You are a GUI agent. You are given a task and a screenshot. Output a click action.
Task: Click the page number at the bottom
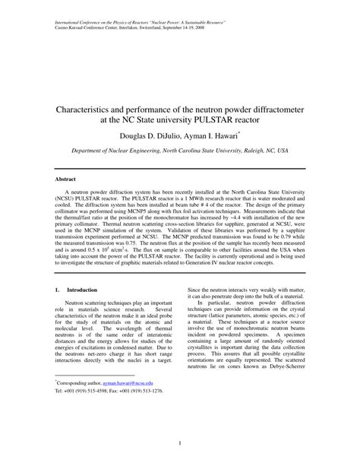click(179, 444)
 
